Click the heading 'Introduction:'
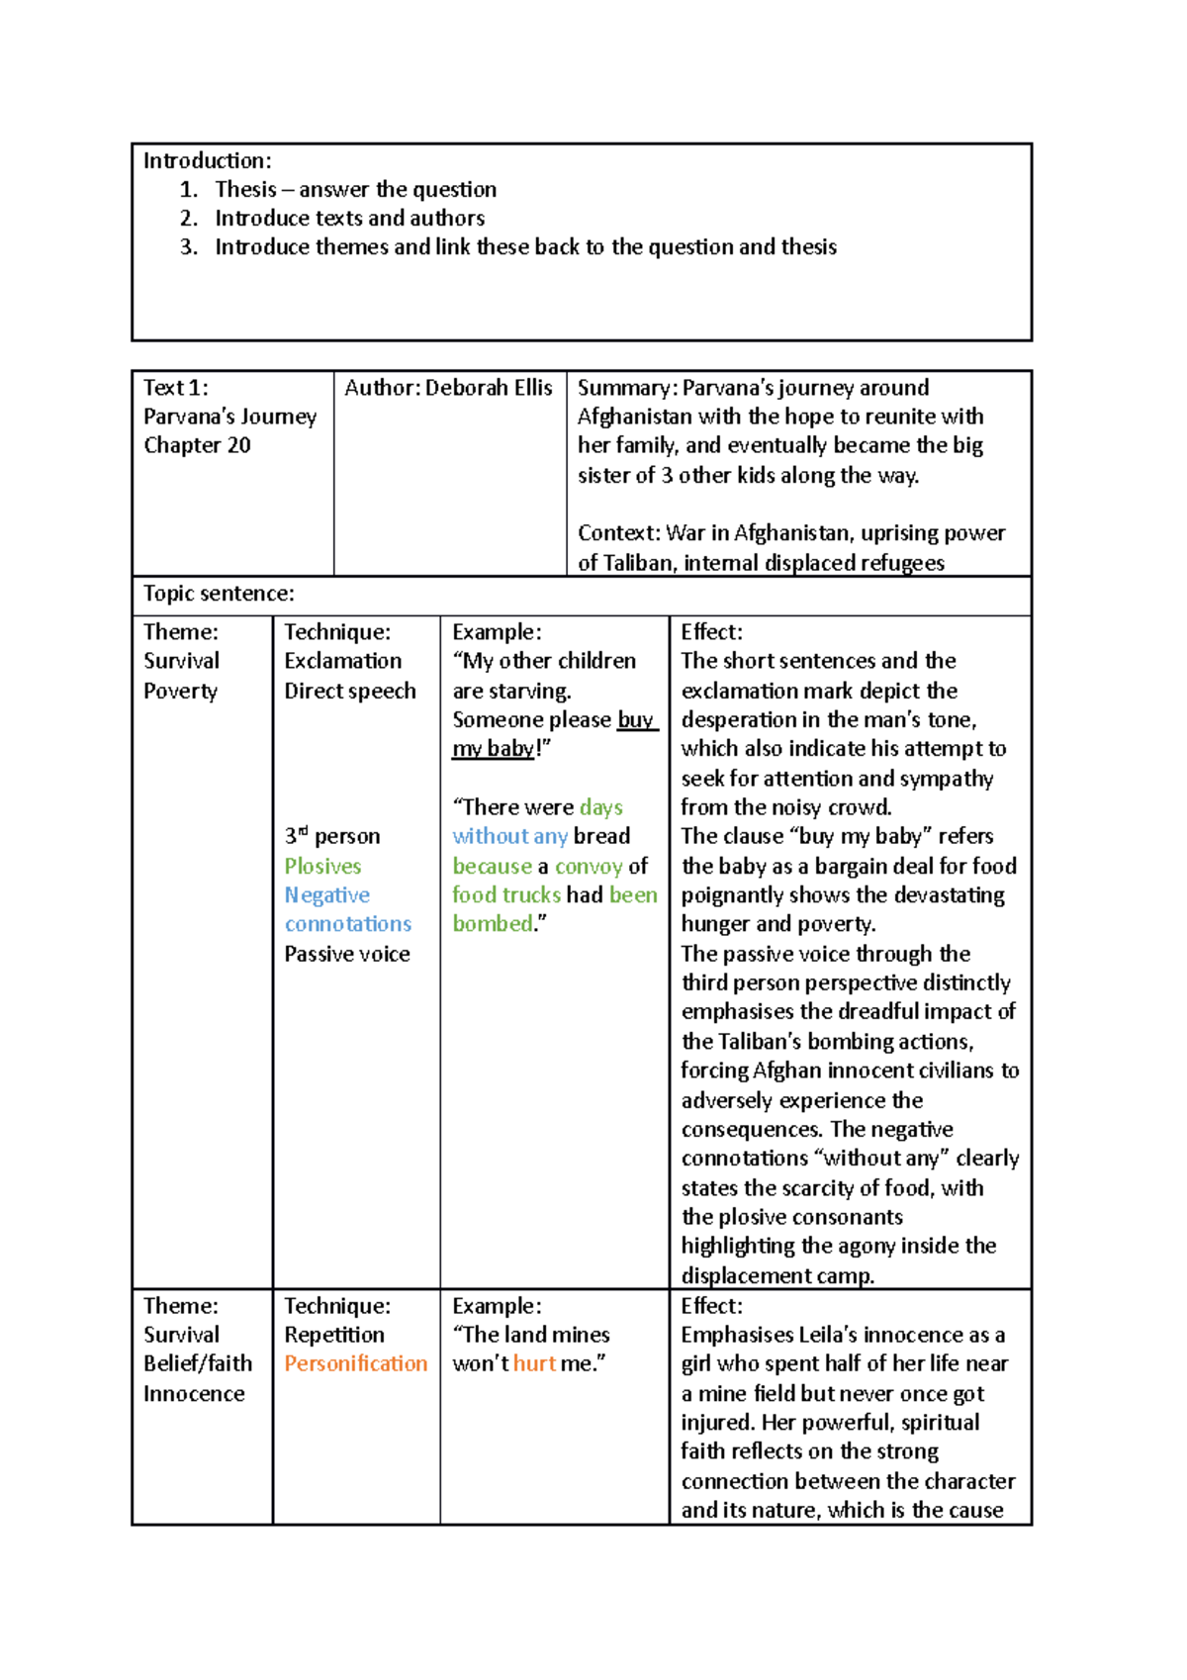[207, 160]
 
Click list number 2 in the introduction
[188, 218]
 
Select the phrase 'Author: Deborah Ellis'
[448, 388]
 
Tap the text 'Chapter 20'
[197, 445]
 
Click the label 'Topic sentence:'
[219, 593]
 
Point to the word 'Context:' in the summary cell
[619, 533]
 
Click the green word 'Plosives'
[322, 866]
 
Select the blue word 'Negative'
[326, 895]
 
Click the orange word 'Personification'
[356, 1363]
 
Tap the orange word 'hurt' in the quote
[534, 1363]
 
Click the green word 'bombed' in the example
[493, 924]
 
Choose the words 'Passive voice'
[347, 954]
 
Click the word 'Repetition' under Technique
[334, 1335]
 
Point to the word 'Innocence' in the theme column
[194, 1393]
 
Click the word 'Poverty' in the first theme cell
[180, 691]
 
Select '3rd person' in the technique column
[331, 836]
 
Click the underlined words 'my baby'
[493, 749]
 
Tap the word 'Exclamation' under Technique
[343, 661]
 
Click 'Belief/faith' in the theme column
[198, 1363]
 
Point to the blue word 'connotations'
[348, 924]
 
